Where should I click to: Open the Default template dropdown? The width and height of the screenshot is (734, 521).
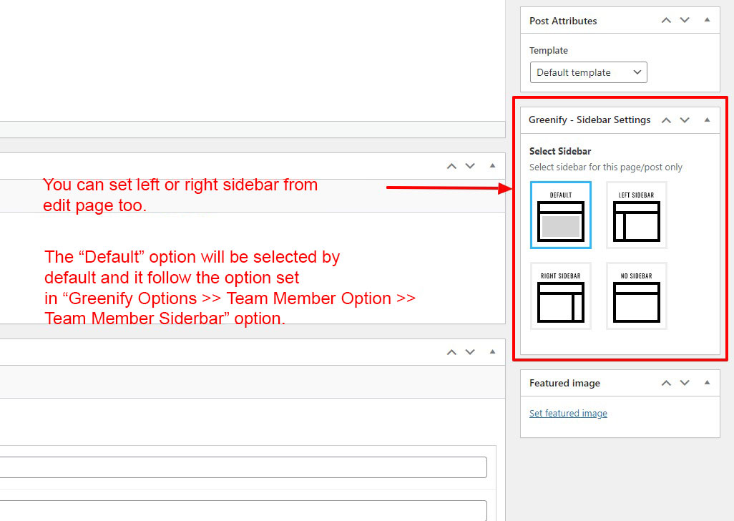click(589, 72)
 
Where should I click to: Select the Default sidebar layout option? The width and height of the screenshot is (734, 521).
click(561, 215)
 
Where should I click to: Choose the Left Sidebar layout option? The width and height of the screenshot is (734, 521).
click(637, 215)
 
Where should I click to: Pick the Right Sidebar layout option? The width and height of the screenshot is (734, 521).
click(561, 296)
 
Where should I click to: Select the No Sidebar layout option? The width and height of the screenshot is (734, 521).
click(637, 296)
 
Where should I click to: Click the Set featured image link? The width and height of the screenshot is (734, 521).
click(568, 414)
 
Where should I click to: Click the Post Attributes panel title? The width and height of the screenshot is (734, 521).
click(563, 21)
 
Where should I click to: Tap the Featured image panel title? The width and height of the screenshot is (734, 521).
click(564, 384)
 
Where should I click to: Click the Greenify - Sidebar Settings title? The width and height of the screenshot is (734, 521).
click(589, 120)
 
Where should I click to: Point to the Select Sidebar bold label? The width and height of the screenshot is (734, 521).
click(560, 151)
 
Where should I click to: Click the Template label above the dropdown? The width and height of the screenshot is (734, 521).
click(549, 51)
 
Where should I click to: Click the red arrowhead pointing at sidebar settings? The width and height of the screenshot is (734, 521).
click(506, 189)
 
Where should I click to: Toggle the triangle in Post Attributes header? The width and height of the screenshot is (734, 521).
click(708, 19)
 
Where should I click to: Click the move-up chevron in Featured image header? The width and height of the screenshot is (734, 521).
click(666, 383)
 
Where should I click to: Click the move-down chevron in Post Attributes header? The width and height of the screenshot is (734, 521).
click(685, 20)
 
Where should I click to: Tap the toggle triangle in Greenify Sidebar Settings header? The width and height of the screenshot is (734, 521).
click(708, 120)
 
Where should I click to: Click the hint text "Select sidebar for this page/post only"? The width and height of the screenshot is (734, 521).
click(606, 167)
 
